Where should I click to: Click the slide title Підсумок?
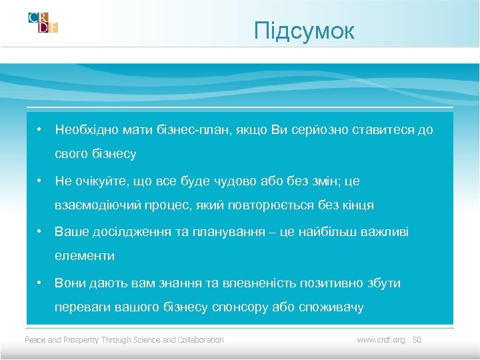(305, 31)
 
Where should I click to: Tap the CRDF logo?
(43, 22)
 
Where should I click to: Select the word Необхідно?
(85, 129)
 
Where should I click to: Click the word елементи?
(85, 256)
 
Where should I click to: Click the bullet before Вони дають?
(41, 283)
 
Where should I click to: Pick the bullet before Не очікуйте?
(41, 181)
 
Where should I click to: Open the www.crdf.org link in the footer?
(381, 340)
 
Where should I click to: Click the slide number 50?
(417, 340)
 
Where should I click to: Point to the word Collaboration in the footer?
(201, 340)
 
